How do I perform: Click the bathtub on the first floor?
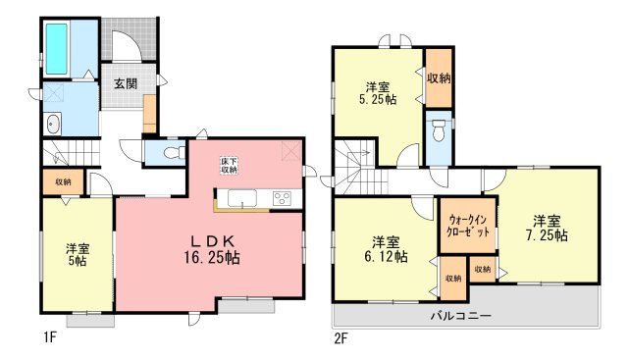point(56,49)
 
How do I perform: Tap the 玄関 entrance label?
point(126,83)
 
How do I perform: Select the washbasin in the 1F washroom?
point(52,124)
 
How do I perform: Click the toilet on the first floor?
point(175,153)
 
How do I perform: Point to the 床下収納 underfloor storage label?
point(229,166)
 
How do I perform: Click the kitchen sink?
point(242,198)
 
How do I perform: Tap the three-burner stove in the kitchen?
point(282,198)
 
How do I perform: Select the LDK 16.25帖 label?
point(212,249)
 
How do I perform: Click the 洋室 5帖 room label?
point(78,255)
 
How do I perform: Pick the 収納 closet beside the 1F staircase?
point(63,181)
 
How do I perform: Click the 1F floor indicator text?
point(50,338)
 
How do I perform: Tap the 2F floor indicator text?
point(340,338)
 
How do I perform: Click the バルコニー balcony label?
point(461,316)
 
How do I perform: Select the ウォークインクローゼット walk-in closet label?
point(468,226)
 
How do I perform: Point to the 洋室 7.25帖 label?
point(547,229)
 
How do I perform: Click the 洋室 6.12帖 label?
point(386,249)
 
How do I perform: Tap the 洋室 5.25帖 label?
point(377,93)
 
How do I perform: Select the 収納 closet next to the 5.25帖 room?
point(439,78)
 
